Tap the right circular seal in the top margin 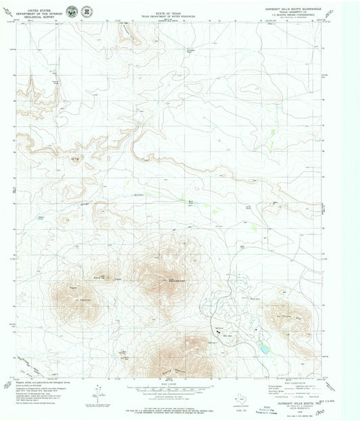click(87, 11)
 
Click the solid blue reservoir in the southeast click(262, 347)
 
